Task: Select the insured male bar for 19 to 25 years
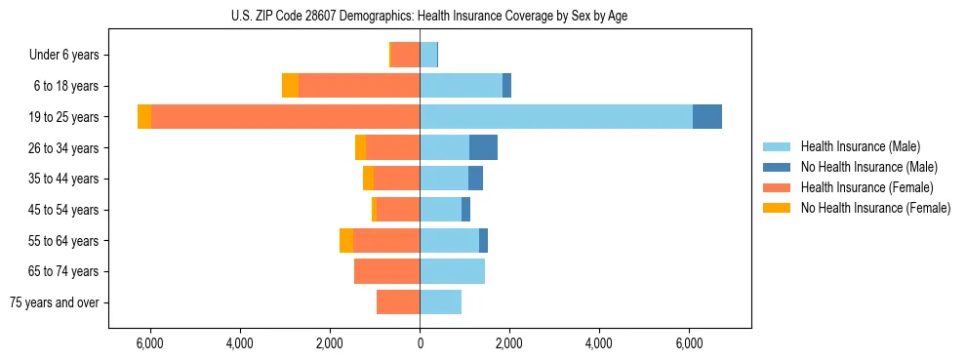[x=556, y=117]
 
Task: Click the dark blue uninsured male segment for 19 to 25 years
[x=707, y=117]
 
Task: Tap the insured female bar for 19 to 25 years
[x=285, y=117]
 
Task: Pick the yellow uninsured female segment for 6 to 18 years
[x=290, y=86]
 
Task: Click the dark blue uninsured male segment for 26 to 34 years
[x=483, y=147]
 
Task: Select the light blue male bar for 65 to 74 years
[x=452, y=271]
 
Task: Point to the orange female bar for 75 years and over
[x=398, y=302]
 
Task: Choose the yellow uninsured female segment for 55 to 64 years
[x=346, y=240]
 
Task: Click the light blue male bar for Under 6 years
[x=428, y=55]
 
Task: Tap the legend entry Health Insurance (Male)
[x=860, y=146]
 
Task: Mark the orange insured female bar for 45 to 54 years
[x=398, y=210]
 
